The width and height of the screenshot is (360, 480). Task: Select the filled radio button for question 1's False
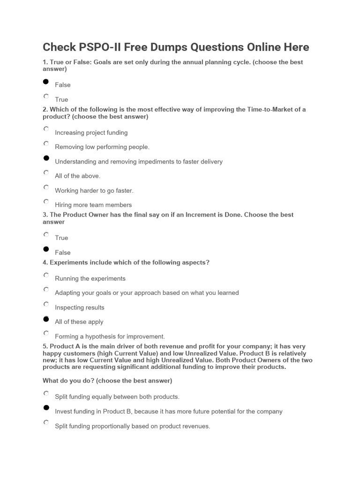[x=46, y=82]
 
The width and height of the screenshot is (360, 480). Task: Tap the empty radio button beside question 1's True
[x=46, y=96]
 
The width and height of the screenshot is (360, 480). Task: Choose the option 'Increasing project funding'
[x=46, y=129]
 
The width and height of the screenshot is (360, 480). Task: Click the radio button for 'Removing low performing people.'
[x=46, y=143]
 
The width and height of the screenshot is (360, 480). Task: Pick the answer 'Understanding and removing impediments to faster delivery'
[x=46, y=158]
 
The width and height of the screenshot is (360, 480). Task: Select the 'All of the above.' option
[x=46, y=172]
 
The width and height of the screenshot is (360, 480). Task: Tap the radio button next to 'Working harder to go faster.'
[x=46, y=187]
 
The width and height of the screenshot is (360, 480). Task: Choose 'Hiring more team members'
[x=46, y=202]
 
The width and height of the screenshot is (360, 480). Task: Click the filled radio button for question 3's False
[x=46, y=249]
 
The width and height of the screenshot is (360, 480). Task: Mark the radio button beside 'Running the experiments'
[x=46, y=275]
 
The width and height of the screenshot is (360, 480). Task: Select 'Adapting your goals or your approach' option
[x=46, y=289]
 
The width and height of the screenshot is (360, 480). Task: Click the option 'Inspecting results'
[x=46, y=304]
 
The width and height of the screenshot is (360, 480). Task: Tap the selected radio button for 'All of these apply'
[x=46, y=319]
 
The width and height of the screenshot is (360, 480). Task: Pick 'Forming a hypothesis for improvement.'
[x=46, y=333]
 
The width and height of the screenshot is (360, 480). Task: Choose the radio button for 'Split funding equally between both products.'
[x=46, y=393]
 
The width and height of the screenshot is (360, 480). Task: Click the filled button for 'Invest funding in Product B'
[x=46, y=408]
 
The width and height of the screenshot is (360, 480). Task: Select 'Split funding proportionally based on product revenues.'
[x=46, y=423]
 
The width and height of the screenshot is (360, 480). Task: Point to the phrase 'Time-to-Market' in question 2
[x=263, y=110]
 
